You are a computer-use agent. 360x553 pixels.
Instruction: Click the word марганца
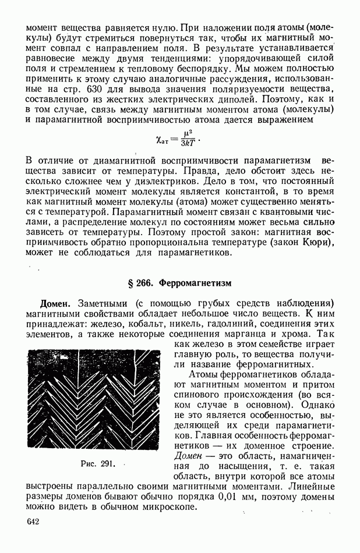pos(258,334)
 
